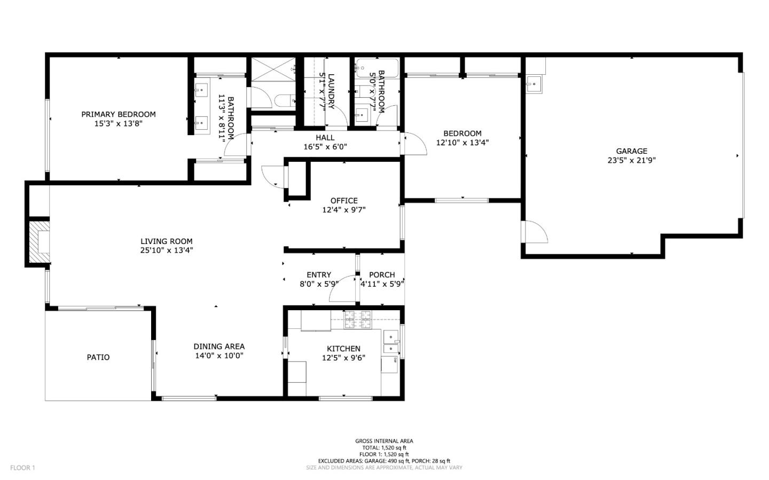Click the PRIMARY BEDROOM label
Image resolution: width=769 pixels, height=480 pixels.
click(x=119, y=114)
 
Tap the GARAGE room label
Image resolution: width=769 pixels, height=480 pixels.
click(x=631, y=151)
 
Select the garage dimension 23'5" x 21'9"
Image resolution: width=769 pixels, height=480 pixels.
click(x=631, y=160)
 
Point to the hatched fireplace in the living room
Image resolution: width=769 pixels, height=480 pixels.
click(x=38, y=243)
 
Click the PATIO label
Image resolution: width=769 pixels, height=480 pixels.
click(x=98, y=357)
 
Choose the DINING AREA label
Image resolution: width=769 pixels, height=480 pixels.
click(x=219, y=347)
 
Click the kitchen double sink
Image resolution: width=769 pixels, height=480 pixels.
click(x=391, y=343)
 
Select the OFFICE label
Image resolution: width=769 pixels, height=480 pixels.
click(x=344, y=201)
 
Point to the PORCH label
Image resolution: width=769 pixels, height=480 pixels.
click(x=382, y=275)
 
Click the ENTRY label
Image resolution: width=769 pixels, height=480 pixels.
click(x=319, y=275)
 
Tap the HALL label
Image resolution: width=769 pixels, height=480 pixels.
click(x=325, y=138)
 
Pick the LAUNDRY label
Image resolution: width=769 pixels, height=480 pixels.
click(x=331, y=91)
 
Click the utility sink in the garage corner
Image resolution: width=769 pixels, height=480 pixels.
click(x=533, y=84)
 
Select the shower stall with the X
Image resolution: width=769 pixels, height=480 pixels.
click(x=272, y=69)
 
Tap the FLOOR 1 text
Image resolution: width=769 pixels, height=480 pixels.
click(x=22, y=468)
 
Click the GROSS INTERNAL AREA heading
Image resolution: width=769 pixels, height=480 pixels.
click(x=384, y=441)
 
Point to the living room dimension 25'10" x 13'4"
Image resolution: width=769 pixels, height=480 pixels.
click(x=167, y=250)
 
